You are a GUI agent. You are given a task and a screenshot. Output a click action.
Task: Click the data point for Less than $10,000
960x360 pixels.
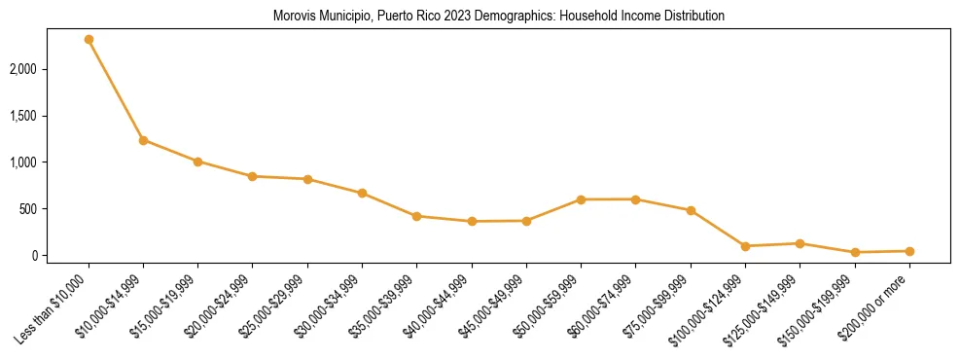pos(89,40)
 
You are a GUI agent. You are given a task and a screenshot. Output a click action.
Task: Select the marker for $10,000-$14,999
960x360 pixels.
pos(143,140)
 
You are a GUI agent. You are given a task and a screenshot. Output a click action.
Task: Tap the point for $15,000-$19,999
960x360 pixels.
pos(197,162)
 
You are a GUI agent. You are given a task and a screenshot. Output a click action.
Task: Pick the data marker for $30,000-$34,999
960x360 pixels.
pos(362,193)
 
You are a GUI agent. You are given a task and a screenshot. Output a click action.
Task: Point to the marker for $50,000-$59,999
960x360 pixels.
pos(581,199)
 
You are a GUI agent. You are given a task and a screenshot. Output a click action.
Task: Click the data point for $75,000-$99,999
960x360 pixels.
pos(691,210)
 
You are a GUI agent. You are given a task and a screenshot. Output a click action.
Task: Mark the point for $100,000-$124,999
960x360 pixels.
pos(745,246)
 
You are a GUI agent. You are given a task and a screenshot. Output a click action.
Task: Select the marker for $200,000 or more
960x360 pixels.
pos(909,251)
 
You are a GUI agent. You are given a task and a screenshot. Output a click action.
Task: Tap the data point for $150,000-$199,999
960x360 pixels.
pos(855,252)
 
